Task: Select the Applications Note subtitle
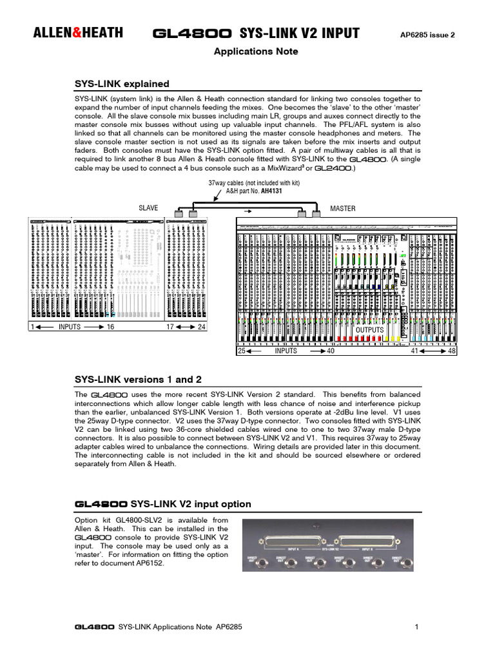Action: pos(256,52)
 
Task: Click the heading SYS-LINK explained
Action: pos(122,84)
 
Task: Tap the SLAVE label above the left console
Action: pos(148,208)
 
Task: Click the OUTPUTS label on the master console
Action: pos(370,330)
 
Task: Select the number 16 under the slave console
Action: pos(110,327)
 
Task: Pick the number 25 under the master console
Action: pos(242,351)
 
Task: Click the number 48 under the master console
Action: pos(452,351)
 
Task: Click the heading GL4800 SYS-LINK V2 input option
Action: pos(163,503)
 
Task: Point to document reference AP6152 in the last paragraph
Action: pos(149,563)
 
